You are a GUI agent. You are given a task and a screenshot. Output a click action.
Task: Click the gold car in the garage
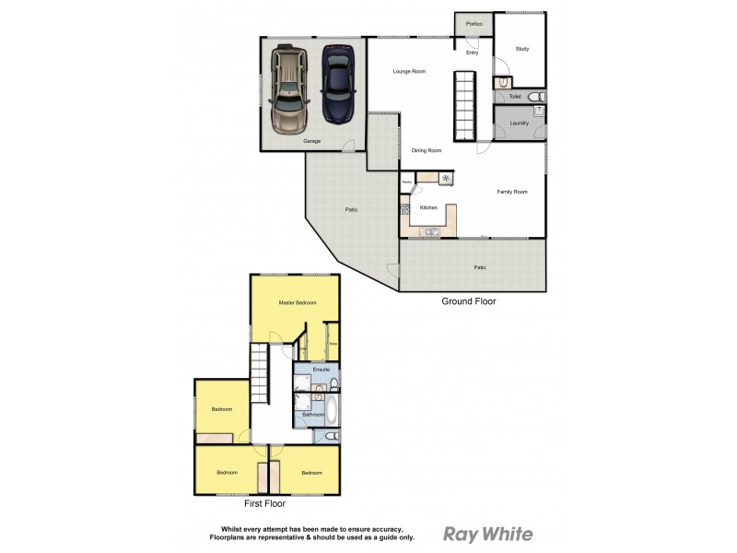pyautogui.click(x=290, y=90)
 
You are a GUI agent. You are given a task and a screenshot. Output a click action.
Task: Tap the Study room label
pyautogui.click(x=521, y=48)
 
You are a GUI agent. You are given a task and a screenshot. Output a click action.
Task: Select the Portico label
pyautogui.click(x=474, y=24)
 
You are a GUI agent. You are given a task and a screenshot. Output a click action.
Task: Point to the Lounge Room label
pyautogui.click(x=409, y=71)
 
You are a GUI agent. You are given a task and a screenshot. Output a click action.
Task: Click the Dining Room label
pyautogui.click(x=427, y=150)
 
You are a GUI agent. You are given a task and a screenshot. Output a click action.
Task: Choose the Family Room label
pyautogui.click(x=512, y=192)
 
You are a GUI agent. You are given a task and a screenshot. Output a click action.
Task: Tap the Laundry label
pyautogui.click(x=519, y=123)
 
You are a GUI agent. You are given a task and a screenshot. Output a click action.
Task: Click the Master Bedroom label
pyautogui.click(x=298, y=302)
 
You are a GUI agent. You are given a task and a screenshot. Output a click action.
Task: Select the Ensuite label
pyautogui.click(x=321, y=370)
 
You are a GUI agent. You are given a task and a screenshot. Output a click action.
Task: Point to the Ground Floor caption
pyautogui.click(x=469, y=300)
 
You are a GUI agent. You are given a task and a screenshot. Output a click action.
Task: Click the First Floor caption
pyautogui.click(x=264, y=504)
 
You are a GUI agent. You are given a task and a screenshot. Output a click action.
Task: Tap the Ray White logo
pyautogui.click(x=488, y=534)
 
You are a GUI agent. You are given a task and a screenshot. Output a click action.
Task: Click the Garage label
pyautogui.click(x=312, y=141)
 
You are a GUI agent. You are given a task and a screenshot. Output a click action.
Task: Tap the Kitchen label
pyautogui.click(x=428, y=208)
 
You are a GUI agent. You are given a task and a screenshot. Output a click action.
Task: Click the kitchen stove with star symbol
pyautogui.click(x=447, y=178)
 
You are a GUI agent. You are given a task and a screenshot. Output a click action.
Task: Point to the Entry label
pyautogui.click(x=472, y=53)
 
